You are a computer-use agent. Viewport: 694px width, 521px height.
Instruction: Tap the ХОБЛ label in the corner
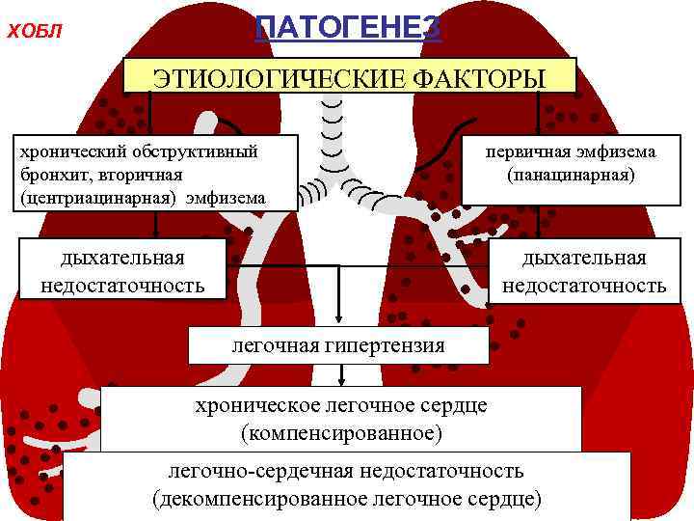[34, 33]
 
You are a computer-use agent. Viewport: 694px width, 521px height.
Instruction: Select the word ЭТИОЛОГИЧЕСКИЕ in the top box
[266, 76]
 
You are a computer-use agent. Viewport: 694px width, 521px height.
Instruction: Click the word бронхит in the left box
[49, 175]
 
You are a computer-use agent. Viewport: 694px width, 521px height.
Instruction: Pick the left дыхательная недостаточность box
[122, 271]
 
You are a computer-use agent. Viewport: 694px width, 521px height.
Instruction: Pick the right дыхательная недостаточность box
[584, 271]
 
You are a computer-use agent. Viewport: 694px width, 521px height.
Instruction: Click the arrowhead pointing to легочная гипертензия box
[339, 321]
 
